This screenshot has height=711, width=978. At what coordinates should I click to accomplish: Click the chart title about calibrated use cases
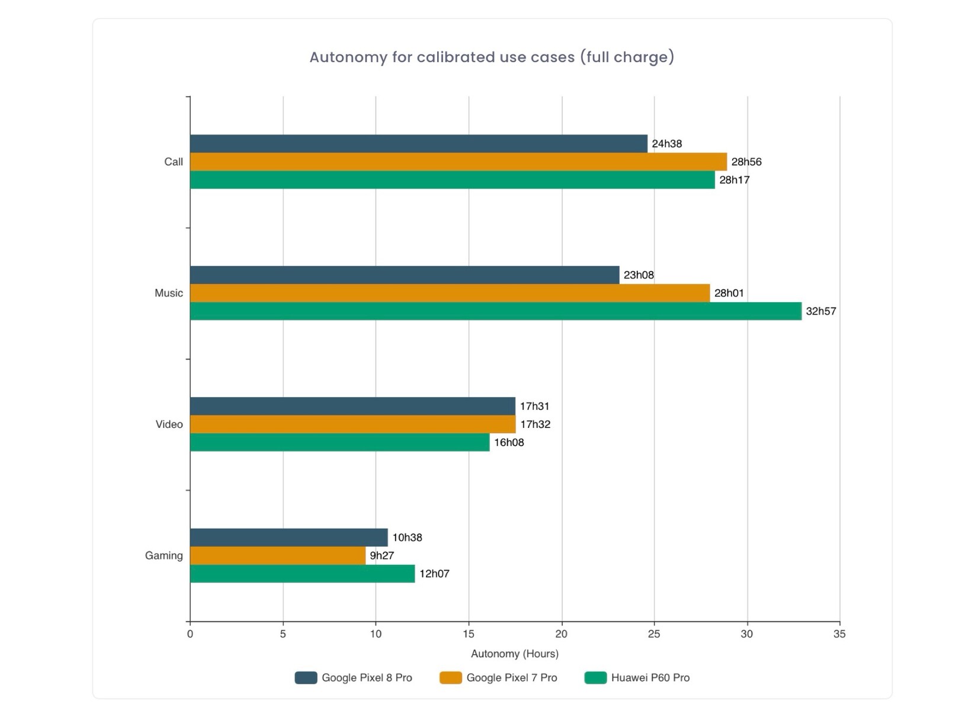click(x=492, y=57)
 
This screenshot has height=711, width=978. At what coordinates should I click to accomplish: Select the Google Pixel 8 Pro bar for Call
click(x=418, y=144)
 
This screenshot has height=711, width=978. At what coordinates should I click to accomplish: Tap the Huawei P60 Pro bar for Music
click(x=495, y=311)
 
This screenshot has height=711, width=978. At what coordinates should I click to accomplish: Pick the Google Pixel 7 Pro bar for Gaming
click(x=277, y=556)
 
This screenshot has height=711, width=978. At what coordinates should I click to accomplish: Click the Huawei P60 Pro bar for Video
click(x=339, y=443)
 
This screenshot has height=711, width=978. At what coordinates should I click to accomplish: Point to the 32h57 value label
click(x=820, y=311)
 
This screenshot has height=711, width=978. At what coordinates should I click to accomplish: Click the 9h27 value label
click(x=381, y=556)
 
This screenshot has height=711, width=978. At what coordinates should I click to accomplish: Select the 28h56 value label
click(x=746, y=162)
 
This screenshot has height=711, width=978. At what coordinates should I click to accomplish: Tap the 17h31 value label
click(x=534, y=406)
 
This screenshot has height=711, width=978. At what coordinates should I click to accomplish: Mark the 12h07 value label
click(x=434, y=574)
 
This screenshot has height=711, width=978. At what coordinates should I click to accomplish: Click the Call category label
click(x=173, y=162)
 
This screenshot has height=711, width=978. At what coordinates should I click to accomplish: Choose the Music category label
click(x=168, y=293)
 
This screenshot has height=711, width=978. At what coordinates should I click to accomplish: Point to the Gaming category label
click(x=163, y=556)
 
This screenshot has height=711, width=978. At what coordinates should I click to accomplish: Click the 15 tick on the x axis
click(x=469, y=634)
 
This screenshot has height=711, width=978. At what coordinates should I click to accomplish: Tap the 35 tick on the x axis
click(x=839, y=634)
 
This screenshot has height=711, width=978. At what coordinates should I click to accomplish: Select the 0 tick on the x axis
click(x=190, y=634)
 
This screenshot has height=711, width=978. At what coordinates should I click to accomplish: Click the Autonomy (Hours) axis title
click(x=514, y=654)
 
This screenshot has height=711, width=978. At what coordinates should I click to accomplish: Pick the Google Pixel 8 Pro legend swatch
click(x=306, y=678)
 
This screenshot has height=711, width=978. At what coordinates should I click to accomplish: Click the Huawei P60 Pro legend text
click(x=650, y=678)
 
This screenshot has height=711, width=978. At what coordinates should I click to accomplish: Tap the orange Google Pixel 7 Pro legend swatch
click(x=450, y=678)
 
